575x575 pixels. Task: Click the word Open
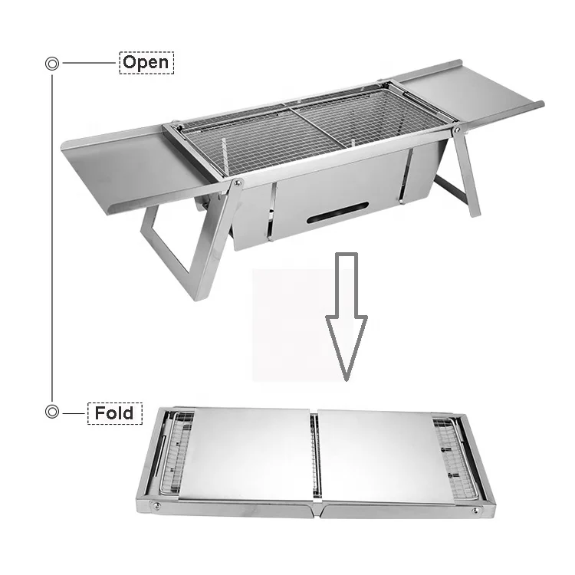(146, 62)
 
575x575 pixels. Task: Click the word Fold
(114, 413)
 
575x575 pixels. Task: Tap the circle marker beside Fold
(52, 412)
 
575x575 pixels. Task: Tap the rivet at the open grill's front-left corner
(239, 182)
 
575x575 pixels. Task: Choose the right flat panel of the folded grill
(376, 452)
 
